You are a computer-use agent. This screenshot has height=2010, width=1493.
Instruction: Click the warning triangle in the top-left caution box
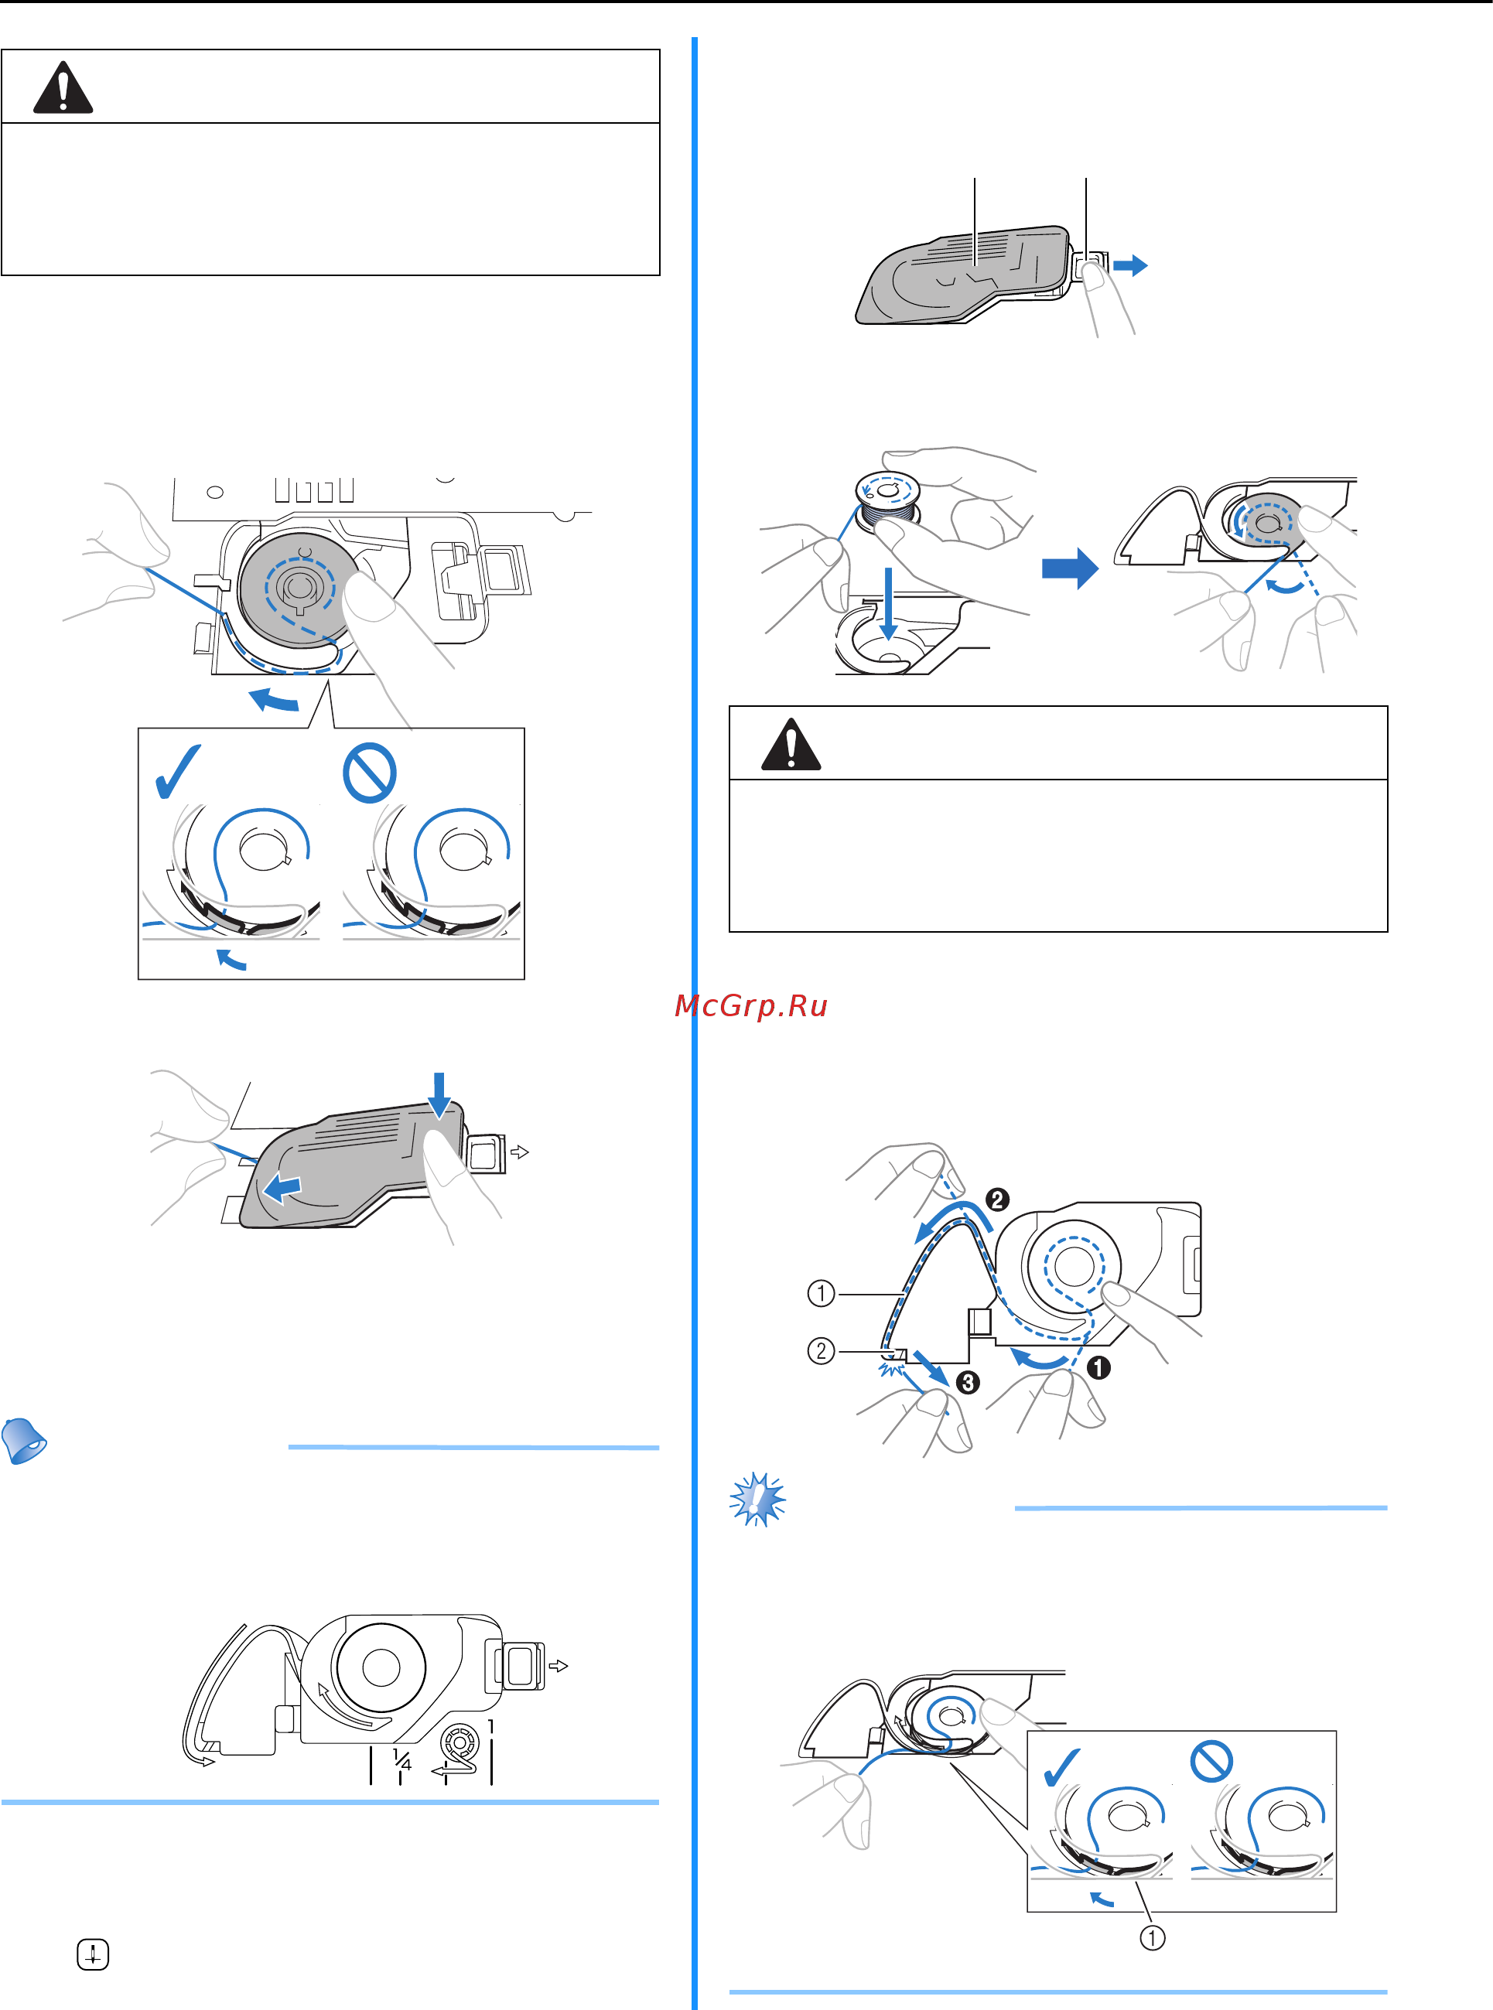pos(63,87)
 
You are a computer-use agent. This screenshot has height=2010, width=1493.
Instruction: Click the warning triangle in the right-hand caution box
pos(791,745)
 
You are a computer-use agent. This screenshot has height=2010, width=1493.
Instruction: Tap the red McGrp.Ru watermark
pos(751,1005)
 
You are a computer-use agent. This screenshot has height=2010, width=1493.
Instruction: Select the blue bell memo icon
pos(25,1440)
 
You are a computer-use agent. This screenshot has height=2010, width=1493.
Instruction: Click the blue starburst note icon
pos(757,1500)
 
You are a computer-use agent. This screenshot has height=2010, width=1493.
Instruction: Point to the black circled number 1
pos(1098,1367)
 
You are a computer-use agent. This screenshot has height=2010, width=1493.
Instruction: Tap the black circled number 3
pos(967,1382)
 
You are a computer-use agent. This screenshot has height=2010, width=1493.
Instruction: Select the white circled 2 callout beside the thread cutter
pos(821,1351)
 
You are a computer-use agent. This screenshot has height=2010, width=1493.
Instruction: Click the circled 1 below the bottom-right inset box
pos(1151,1938)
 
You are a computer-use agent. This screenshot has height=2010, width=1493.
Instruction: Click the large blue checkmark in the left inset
pos(178,772)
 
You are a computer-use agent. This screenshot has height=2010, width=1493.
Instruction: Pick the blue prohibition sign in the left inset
pos(370,773)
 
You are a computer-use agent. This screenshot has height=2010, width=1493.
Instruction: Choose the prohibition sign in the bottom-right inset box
pos(1211,1762)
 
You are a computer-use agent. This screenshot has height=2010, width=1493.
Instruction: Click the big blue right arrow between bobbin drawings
pos(1070,569)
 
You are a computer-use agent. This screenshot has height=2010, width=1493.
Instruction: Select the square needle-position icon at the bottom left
pos(92,1956)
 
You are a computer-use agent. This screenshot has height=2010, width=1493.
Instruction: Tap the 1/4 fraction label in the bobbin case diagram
pos(402,1759)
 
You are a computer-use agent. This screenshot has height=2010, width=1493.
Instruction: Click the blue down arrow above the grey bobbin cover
pos(439,1095)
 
